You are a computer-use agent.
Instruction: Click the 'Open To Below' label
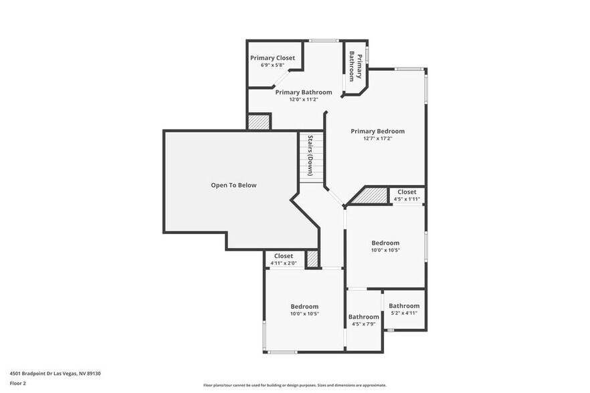[x=233, y=185]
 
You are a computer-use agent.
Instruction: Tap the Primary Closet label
[x=272, y=58]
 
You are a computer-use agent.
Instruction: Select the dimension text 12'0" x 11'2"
[x=303, y=100]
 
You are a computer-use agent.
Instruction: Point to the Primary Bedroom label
[x=377, y=131]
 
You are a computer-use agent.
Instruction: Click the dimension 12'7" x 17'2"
[x=377, y=138]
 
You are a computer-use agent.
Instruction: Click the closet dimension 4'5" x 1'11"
[x=407, y=199]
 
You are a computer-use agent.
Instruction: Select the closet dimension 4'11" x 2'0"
[x=283, y=263]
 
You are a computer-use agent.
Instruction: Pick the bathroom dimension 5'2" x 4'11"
[x=404, y=313]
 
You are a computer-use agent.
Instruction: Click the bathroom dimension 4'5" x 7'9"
[x=363, y=324]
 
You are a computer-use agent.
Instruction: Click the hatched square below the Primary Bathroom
[x=259, y=122]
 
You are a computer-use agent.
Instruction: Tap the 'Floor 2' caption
[x=17, y=384]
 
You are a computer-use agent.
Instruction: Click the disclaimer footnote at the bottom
[x=294, y=385]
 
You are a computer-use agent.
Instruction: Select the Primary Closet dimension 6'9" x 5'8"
[x=272, y=65]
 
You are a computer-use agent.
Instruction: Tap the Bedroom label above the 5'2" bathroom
[x=385, y=243]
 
